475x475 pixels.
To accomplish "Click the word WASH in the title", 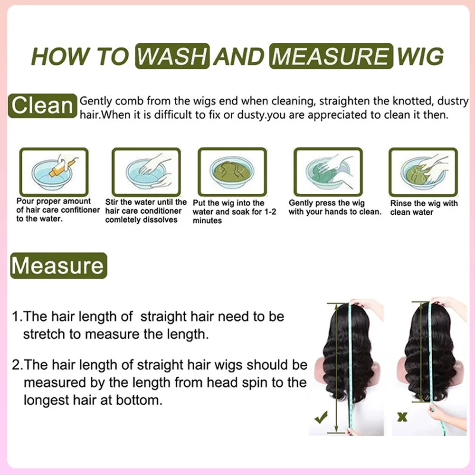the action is (x=172, y=56).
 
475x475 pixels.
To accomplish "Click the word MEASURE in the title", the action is (x=331, y=56).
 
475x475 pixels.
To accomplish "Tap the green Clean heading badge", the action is (x=42, y=106).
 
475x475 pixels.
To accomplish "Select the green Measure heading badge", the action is (x=58, y=266).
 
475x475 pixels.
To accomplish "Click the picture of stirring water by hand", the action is (x=146, y=172).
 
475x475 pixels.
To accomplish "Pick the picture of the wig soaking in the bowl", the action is (x=232, y=172).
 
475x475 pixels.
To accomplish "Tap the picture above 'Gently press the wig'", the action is (x=328, y=172).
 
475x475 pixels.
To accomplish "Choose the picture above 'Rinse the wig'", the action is (x=423, y=172).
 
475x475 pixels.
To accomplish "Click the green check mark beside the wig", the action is (x=321, y=418).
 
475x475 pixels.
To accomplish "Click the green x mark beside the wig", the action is (x=402, y=418).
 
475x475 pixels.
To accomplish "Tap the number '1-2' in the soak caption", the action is (x=270, y=211).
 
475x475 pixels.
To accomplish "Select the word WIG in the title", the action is (x=420, y=56).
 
